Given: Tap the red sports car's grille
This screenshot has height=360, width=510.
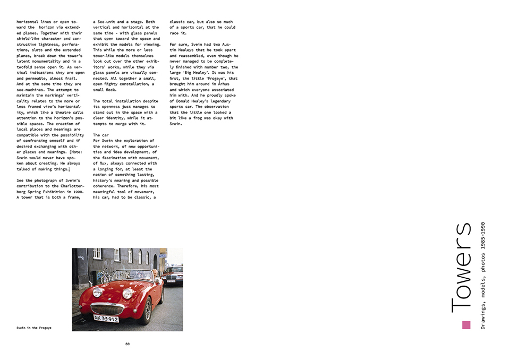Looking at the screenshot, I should pyautogui.click(x=107, y=309).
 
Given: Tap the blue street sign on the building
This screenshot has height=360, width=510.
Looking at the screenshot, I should pyautogui.click(x=163, y=255).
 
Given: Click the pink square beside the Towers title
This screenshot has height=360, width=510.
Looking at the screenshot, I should pyautogui.click(x=466, y=325).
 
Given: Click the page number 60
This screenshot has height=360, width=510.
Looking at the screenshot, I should pyautogui.click(x=127, y=344).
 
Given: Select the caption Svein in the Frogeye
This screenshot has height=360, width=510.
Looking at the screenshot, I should pyautogui.click(x=34, y=328).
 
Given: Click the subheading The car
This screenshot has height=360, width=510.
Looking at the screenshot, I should pyautogui.click(x=101, y=135).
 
